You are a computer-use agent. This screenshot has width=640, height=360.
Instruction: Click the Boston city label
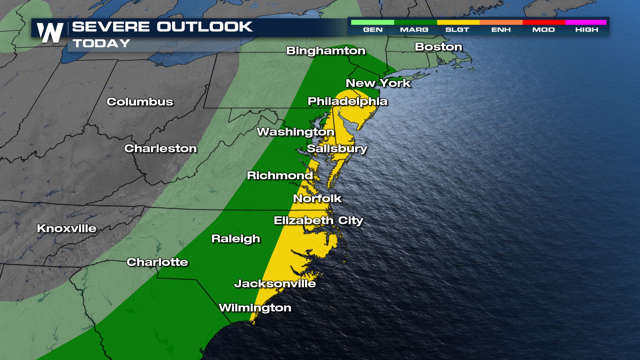[438, 47]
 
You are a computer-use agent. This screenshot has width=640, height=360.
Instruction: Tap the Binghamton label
[326, 51]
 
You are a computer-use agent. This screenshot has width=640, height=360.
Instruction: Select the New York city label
[378, 83]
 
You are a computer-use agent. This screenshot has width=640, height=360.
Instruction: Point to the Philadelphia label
[347, 101]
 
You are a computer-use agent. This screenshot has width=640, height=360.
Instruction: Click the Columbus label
[140, 102]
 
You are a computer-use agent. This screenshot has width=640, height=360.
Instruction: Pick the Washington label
[295, 132]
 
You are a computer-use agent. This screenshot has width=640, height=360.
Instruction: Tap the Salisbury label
[337, 149]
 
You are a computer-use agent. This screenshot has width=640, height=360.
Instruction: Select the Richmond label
[280, 175]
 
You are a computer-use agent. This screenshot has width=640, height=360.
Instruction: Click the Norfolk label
[317, 199]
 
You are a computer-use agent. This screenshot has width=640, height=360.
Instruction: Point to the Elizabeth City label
[318, 220]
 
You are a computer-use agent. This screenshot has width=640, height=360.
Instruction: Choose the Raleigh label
[236, 239]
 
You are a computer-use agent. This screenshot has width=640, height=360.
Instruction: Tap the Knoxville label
[67, 228]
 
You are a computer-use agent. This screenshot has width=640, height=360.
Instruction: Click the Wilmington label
[255, 308]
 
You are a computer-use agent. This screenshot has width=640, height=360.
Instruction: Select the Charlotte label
[157, 262]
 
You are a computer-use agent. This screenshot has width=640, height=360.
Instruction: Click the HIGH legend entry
[587, 30]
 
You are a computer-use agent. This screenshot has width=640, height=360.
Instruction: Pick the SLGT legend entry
[457, 30]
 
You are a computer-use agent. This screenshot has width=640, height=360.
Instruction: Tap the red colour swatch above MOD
[544, 22]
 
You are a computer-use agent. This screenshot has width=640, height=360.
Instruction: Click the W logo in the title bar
[50, 33]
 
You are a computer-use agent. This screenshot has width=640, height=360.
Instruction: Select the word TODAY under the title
[101, 43]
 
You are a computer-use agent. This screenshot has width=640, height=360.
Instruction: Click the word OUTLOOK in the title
[205, 27]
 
